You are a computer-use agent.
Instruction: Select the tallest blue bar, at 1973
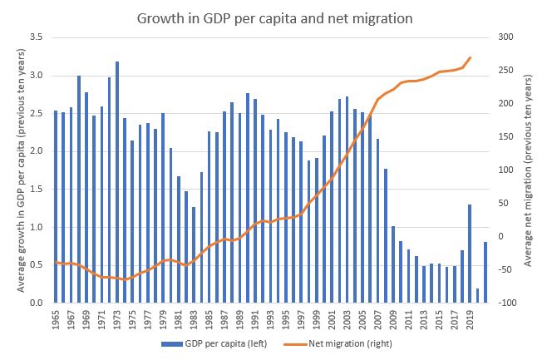[117, 182]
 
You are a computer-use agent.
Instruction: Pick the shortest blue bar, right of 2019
[477, 296]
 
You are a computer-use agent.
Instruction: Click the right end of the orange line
[471, 57]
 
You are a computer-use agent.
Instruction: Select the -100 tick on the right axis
[508, 303]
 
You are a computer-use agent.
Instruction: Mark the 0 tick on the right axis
[502, 236]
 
